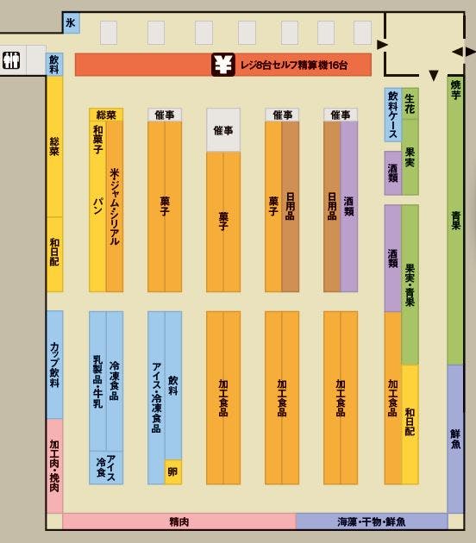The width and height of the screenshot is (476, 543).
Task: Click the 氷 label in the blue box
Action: (x=71, y=24)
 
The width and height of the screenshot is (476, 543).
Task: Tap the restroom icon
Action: (x=11, y=61)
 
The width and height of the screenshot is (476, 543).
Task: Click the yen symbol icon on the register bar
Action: (x=223, y=64)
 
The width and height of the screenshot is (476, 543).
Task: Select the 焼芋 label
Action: (x=455, y=90)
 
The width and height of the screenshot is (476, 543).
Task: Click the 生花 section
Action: (x=410, y=103)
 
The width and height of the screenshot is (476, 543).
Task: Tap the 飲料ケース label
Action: (x=393, y=114)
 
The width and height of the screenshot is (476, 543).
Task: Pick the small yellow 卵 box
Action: (x=173, y=471)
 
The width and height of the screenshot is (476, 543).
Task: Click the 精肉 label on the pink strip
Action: (x=178, y=521)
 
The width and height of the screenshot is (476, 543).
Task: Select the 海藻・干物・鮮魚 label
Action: (x=372, y=521)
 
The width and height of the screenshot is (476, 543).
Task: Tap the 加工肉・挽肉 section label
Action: (x=54, y=465)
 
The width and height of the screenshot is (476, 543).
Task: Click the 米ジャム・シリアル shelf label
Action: (x=115, y=207)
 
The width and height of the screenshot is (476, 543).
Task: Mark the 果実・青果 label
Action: (x=410, y=285)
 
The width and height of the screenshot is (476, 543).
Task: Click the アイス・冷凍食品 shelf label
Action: (x=156, y=396)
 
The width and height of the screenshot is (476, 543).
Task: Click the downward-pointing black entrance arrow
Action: (x=434, y=76)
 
